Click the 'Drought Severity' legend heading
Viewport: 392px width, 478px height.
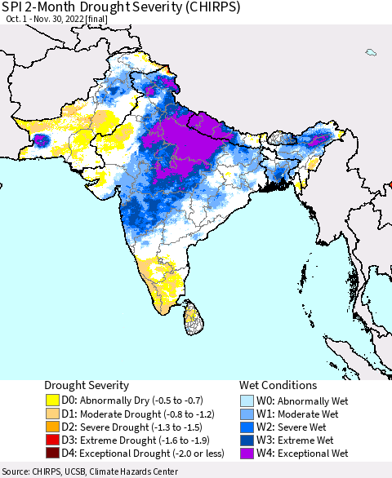click(87, 385)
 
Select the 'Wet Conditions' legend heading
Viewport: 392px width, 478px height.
click(278, 385)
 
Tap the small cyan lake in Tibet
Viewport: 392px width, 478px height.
click(371, 52)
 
